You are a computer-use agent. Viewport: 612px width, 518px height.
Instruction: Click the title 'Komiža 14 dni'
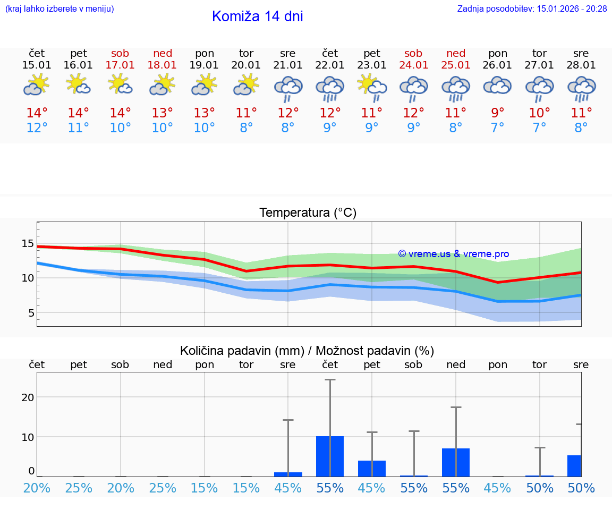click(257, 16)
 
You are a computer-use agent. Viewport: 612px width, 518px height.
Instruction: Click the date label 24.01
click(413, 65)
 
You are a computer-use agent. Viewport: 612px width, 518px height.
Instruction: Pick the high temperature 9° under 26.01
click(498, 113)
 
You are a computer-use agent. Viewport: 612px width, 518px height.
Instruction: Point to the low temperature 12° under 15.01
click(37, 128)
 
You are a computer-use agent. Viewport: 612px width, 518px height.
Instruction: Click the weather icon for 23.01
click(372, 88)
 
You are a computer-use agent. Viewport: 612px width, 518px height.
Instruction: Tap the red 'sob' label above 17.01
click(120, 53)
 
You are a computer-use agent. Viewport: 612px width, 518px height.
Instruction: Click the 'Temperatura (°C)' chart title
click(308, 213)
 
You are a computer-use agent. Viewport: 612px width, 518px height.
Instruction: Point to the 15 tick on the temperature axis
click(27, 244)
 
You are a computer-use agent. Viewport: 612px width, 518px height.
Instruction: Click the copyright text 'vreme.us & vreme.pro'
click(453, 254)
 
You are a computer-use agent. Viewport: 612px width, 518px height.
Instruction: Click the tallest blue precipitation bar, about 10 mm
click(330, 456)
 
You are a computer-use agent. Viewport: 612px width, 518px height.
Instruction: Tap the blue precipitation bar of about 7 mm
click(456, 462)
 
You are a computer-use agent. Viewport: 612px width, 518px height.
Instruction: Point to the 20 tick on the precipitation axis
click(28, 397)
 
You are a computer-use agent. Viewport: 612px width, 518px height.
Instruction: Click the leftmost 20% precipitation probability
click(37, 488)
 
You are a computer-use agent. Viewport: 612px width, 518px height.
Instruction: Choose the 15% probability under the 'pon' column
click(204, 488)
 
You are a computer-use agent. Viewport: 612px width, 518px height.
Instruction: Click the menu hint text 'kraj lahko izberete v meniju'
click(59, 9)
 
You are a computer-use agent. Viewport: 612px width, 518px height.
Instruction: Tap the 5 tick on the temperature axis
click(31, 313)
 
